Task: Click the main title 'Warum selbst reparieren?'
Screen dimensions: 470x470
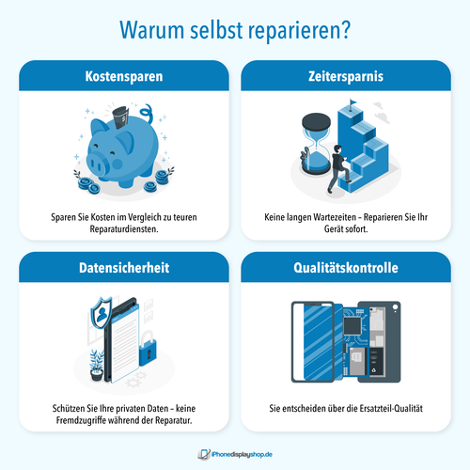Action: tap(235, 30)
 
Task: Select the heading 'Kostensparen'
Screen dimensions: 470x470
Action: tap(124, 76)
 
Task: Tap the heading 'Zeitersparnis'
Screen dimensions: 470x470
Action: tap(346, 76)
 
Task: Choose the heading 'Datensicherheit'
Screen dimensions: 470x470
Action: tap(124, 268)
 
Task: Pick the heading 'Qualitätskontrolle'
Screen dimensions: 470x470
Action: tap(346, 268)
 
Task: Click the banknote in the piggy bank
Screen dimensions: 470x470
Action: tap(120, 117)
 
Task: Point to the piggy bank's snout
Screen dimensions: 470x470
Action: tap(96, 164)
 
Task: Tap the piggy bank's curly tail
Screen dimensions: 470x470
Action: tap(147, 114)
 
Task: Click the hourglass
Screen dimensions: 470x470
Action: tap(316, 143)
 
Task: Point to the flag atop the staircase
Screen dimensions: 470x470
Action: tap(352, 103)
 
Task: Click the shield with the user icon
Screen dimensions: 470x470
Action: tap(101, 313)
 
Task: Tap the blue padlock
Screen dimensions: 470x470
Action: tap(148, 349)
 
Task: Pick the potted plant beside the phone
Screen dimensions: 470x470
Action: tap(97, 366)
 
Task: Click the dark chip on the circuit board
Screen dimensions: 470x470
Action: tap(352, 326)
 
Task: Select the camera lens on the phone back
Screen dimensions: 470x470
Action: tap(395, 307)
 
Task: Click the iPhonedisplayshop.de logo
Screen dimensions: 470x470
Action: tap(235, 454)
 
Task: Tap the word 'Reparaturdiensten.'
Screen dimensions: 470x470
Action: tap(124, 229)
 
